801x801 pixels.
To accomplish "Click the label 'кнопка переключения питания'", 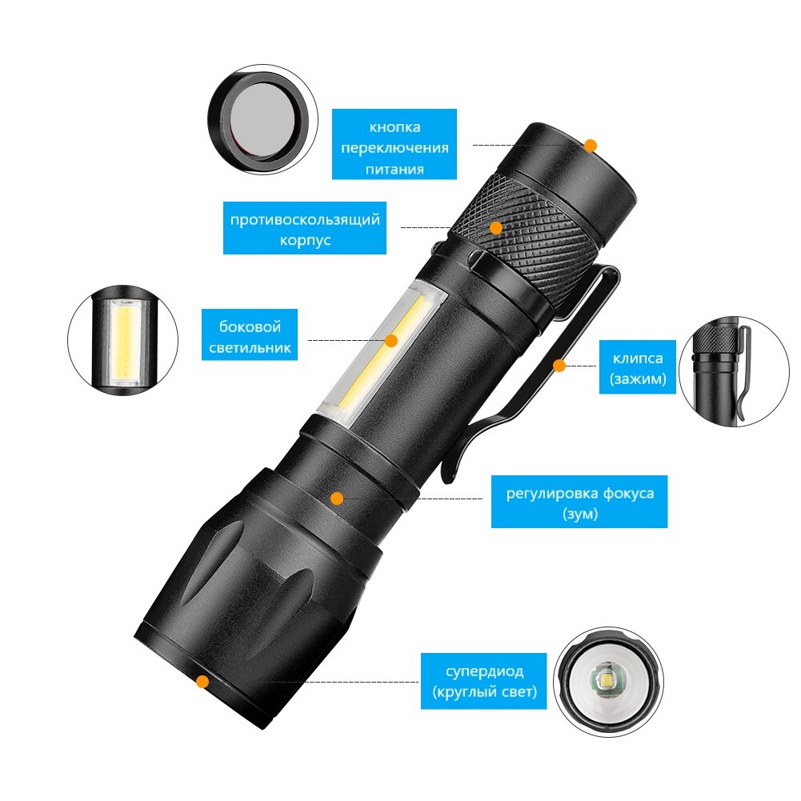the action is pos(394,144).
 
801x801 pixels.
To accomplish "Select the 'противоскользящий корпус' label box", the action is pos(305,228).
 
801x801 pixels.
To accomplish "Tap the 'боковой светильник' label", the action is pos(250,334).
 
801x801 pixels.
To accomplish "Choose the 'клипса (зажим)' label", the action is pos(638,366).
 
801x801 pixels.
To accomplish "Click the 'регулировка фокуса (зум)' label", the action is pos(580,502).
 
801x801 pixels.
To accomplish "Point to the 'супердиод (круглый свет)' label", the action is pos(484,681).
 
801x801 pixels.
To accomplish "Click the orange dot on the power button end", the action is pos(591,146).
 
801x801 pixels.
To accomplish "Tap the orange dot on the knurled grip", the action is pos(496,228).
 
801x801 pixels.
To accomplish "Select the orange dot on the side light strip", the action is pos(391,341).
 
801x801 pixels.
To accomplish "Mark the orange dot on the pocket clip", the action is pos(559,366).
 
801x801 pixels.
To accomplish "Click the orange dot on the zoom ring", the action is pos(337,498).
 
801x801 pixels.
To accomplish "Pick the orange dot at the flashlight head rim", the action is pos(202,681).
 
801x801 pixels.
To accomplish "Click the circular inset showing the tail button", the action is pos(262,119).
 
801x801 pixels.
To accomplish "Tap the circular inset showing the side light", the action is pos(123,340).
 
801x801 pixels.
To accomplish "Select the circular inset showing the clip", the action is pos(734,371).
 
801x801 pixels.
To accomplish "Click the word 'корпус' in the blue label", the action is pos(305,239).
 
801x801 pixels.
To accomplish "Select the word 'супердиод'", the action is pos(484,671).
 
